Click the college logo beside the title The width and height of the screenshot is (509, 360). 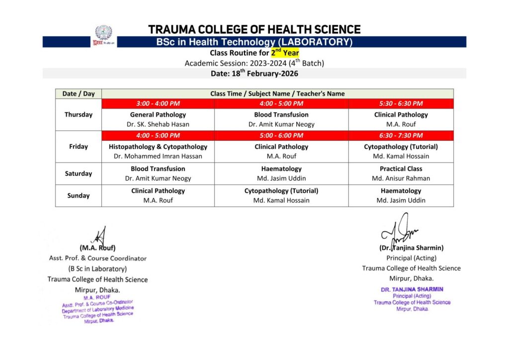point(103,35)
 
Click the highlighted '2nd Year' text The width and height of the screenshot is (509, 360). point(285,53)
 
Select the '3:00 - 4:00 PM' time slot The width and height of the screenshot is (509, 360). point(158,103)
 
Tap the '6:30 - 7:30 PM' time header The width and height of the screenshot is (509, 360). point(401,135)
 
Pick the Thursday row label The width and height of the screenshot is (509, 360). point(79,114)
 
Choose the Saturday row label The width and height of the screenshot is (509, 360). point(79,174)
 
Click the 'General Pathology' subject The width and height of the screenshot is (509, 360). point(158,115)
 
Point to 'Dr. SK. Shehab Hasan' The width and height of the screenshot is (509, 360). point(158,124)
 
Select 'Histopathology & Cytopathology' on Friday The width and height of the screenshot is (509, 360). point(158,147)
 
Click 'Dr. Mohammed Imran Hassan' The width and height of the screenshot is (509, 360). point(158,156)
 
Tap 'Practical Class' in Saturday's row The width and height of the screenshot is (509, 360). point(401,169)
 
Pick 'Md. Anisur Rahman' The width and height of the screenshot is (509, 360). point(401,178)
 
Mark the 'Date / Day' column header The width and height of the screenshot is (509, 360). point(79,93)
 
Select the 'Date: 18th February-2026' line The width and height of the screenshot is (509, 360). point(254,74)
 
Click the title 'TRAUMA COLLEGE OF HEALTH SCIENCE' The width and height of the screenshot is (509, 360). point(254,30)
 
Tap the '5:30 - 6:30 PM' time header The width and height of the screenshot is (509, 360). point(401,103)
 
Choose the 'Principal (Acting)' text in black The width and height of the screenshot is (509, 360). point(411,258)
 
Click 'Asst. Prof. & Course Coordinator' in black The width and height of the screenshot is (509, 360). point(98,258)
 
